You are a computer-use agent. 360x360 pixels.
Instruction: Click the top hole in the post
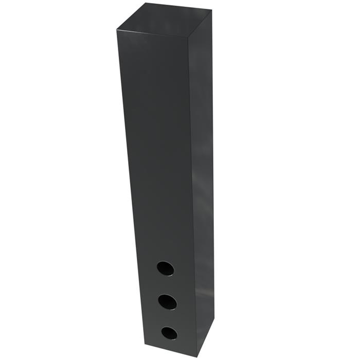(x=165, y=268)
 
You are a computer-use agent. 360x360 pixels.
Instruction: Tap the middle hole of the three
(x=168, y=301)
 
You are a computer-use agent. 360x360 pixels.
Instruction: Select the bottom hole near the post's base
(x=169, y=333)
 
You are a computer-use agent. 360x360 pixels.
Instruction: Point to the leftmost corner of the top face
(x=116, y=29)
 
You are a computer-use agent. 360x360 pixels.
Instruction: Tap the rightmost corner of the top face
(x=211, y=10)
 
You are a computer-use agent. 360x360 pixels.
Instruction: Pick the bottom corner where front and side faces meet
(x=196, y=356)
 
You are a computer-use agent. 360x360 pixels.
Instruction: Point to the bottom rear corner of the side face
(x=213, y=323)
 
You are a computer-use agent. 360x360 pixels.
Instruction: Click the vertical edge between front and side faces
(x=191, y=195)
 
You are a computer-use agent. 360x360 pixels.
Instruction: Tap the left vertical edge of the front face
(x=131, y=185)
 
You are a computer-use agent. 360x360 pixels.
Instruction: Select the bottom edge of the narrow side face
(x=205, y=340)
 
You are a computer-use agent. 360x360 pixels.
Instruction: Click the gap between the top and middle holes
(x=166, y=285)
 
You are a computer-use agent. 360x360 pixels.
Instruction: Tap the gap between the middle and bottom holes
(x=168, y=317)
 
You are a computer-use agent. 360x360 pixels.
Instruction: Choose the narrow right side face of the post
(x=202, y=180)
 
